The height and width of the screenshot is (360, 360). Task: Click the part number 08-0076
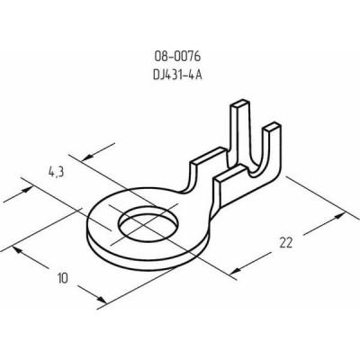coord(177,57)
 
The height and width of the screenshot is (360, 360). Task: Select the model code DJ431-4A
coord(177,75)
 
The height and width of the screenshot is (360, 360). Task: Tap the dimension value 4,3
coord(56,172)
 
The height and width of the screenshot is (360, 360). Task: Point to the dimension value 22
coord(285,242)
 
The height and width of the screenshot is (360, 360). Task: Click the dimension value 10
coord(63,278)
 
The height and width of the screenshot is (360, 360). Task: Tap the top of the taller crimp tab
coord(239,105)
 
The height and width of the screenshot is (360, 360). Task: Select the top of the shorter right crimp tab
coord(272,127)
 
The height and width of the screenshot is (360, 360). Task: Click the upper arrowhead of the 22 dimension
coord(340,216)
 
